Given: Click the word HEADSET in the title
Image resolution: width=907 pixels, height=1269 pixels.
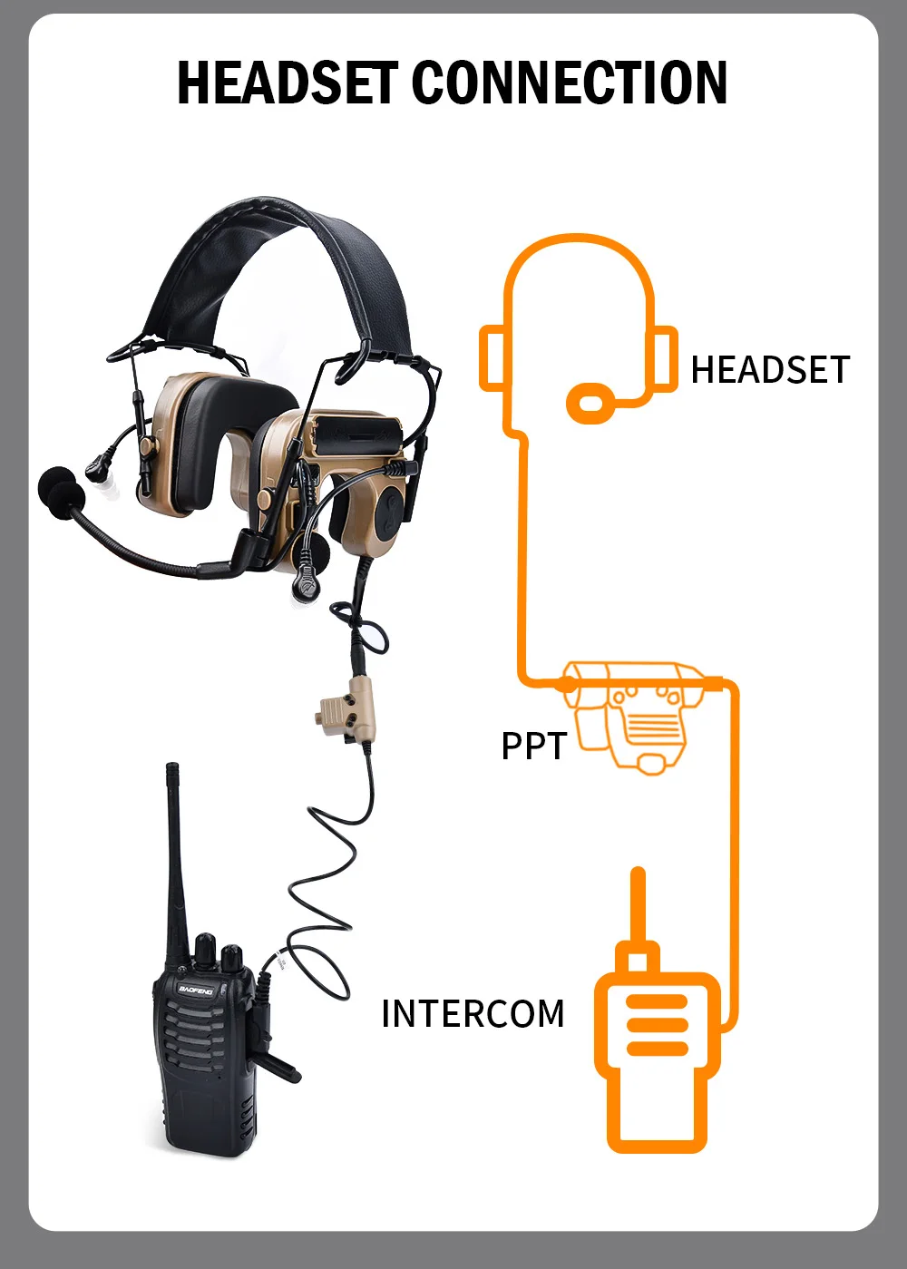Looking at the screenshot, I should pyautogui.click(x=287, y=83).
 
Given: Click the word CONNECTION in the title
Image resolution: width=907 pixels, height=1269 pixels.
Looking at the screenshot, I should pyautogui.click(x=570, y=83).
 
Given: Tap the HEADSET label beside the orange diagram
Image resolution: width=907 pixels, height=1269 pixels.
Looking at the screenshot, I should pyautogui.click(x=770, y=370).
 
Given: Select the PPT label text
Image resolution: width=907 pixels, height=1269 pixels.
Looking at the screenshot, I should pyautogui.click(x=533, y=747).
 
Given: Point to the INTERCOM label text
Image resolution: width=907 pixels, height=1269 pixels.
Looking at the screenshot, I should pyautogui.click(x=473, y=1014).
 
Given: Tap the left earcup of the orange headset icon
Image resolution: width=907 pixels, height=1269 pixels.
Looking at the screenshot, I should pyautogui.click(x=492, y=358).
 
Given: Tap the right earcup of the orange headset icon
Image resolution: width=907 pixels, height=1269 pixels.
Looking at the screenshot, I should pyautogui.click(x=663, y=358).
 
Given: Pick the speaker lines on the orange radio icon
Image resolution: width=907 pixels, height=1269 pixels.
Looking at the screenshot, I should pyautogui.click(x=658, y=1025).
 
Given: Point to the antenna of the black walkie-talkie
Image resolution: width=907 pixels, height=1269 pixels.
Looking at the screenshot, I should pyautogui.click(x=176, y=853).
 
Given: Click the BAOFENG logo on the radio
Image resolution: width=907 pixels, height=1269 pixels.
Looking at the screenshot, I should pyautogui.click(x=196, y=990).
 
